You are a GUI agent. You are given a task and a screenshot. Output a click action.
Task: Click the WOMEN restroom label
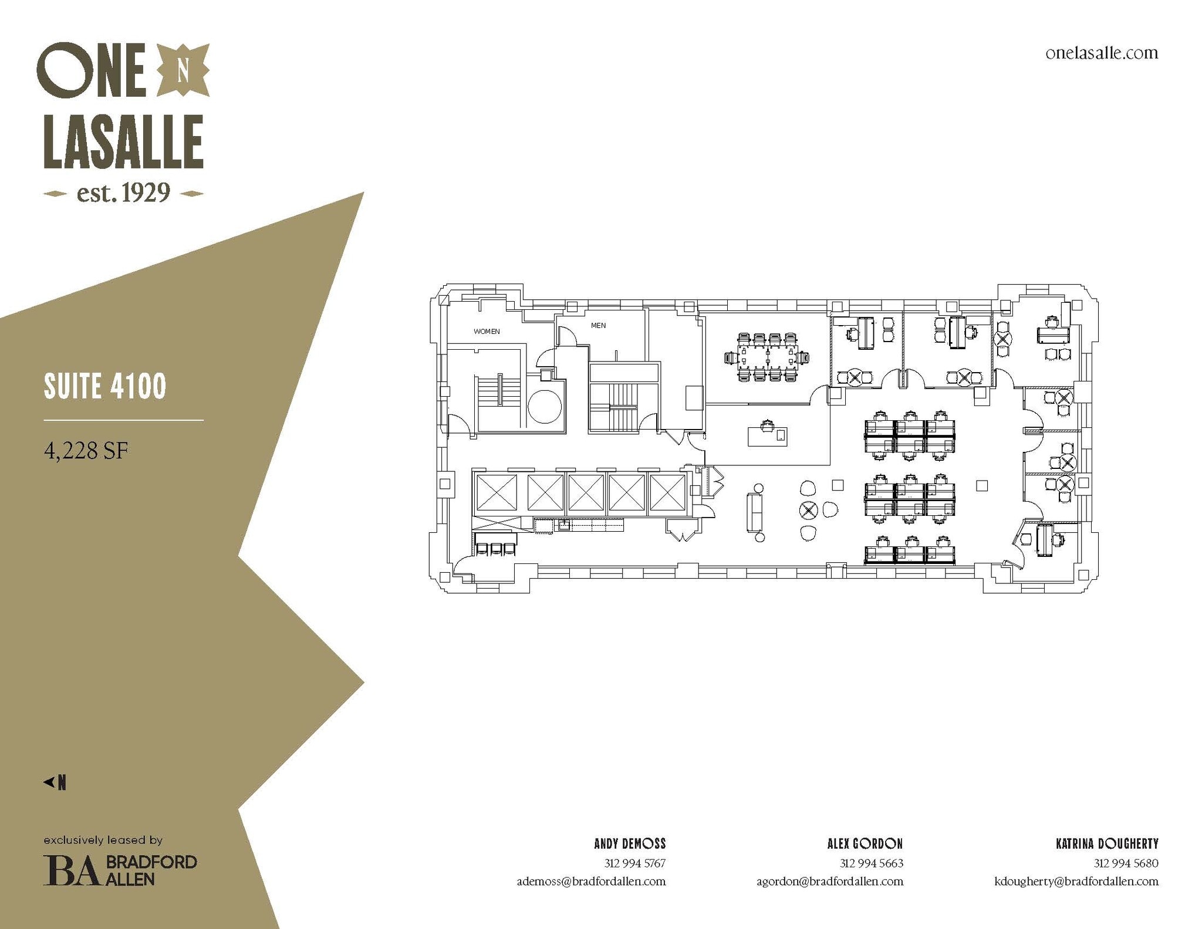487,332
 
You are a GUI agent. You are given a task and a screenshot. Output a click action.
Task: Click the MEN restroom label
598,326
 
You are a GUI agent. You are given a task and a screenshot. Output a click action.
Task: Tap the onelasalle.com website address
1102,53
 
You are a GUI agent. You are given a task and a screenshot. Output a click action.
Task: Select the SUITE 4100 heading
105,386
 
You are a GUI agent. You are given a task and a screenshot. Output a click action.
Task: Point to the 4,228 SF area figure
86,451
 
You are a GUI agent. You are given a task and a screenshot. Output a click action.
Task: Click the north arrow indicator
55,782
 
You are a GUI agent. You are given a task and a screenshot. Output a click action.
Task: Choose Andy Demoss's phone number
635,863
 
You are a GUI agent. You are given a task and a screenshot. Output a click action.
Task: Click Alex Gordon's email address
830,881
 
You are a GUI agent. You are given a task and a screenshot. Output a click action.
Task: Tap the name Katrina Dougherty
1107,844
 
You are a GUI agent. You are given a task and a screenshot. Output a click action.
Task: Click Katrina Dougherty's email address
1076,881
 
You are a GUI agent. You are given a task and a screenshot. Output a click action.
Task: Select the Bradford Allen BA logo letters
70,870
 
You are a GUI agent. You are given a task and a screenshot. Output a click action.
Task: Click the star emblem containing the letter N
183,70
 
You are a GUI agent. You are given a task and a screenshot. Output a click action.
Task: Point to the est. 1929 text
123,192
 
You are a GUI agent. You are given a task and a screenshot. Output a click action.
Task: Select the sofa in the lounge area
754,512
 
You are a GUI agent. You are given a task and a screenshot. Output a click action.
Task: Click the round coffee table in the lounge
809,510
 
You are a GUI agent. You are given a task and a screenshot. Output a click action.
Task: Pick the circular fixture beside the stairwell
545,407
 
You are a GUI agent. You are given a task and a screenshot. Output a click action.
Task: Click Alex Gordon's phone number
872,863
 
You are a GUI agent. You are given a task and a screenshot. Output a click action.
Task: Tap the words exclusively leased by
103,840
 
